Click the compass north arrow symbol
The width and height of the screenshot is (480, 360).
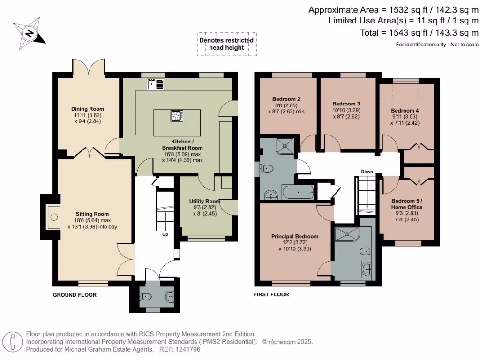tap(29, 33)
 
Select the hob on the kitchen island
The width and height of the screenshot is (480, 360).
tap(177, 116)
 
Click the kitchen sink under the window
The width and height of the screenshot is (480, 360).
tap(155, 84)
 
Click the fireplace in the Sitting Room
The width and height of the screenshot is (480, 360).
tap(54, 217)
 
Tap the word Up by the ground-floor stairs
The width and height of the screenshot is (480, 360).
tap(165, 234)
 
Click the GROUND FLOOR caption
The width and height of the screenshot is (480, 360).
tap(75, 295)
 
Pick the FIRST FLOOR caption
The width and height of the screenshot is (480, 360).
tap(271, 295)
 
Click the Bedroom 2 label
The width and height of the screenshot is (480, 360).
tap(286, 99)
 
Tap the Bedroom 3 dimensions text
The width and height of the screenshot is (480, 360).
tap(346, 113)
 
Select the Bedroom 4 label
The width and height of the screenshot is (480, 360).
tap(405, 111)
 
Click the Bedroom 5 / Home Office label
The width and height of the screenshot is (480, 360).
tap(407, 204)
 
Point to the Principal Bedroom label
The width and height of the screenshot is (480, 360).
tap(294, 236)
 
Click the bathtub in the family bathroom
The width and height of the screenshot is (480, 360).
tap(298, 191)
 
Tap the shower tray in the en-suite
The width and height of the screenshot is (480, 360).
tap(346, 234)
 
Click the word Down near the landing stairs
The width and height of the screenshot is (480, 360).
tap(367, 172)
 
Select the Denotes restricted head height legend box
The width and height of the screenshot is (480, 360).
tap(226, 44)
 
